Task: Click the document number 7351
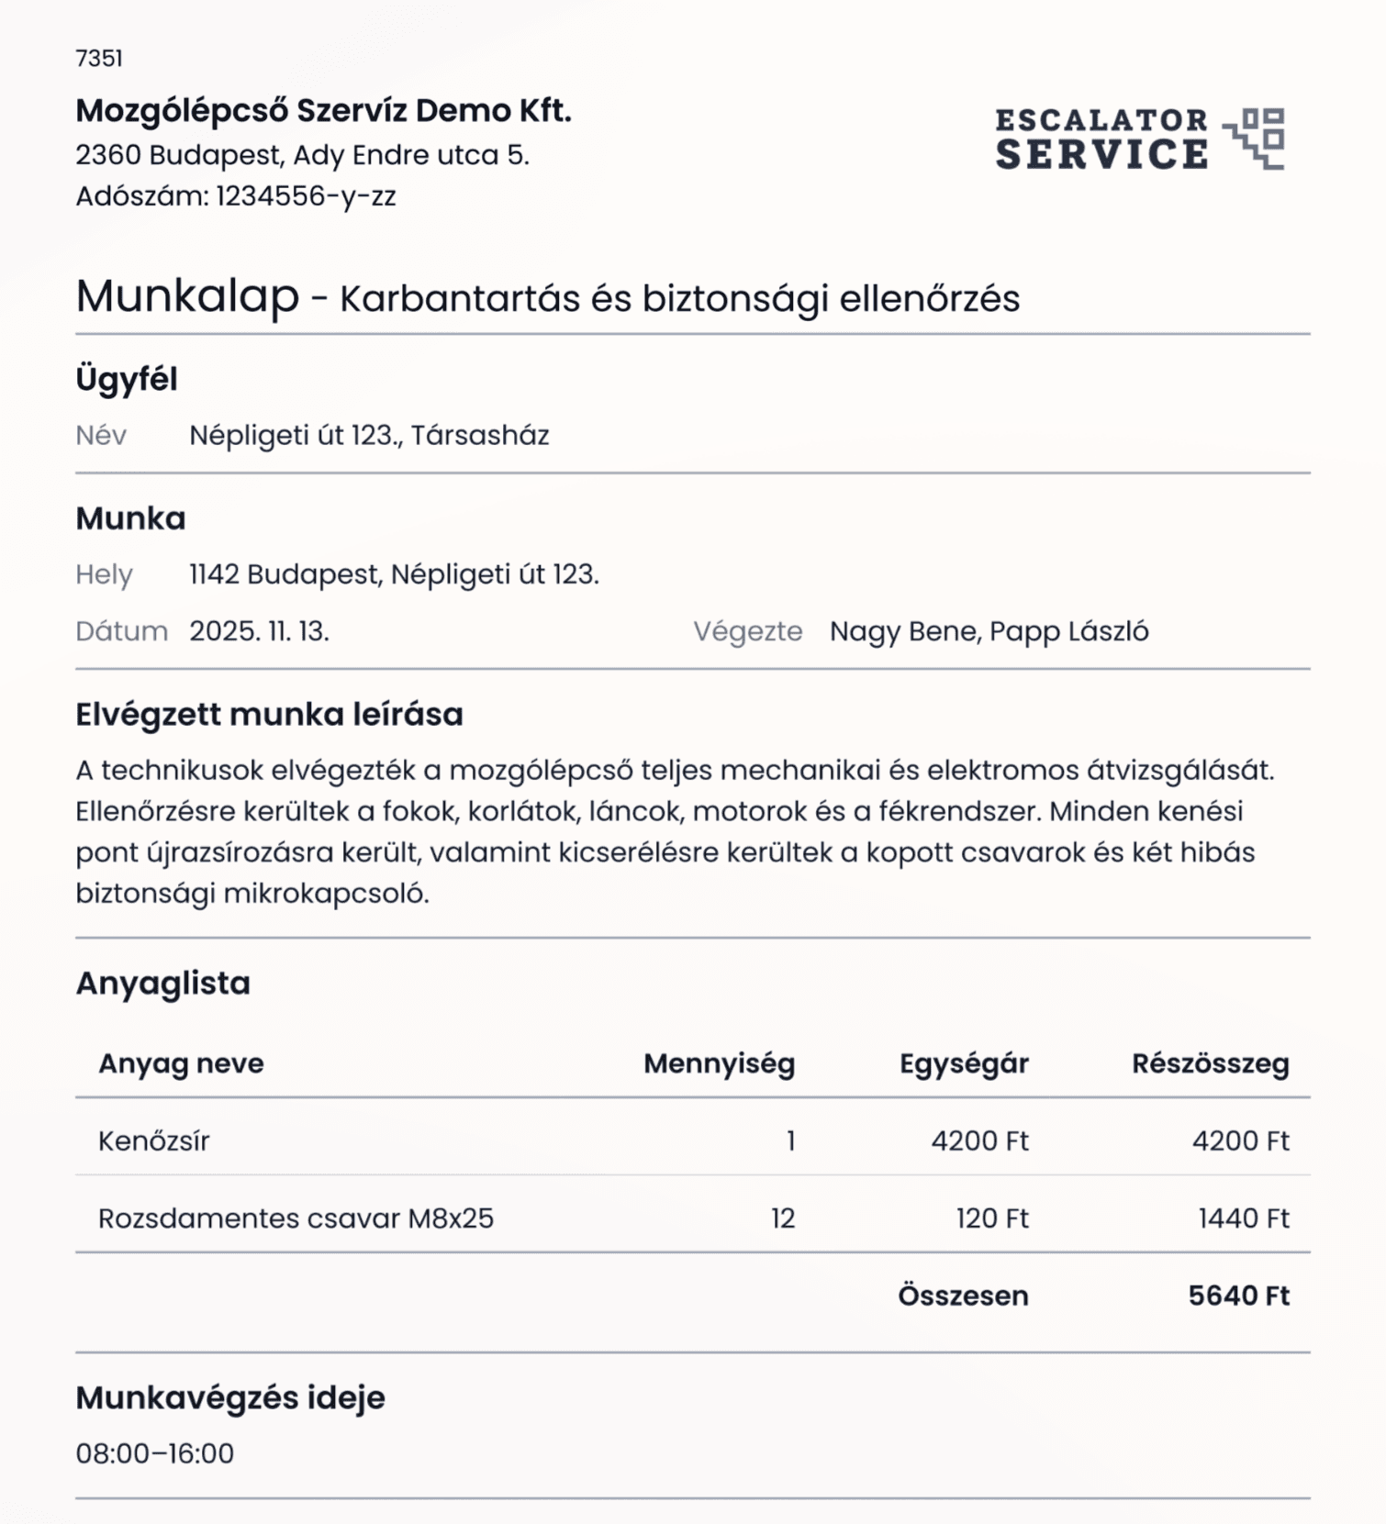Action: (99, 59)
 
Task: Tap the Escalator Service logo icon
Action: (1254, 139)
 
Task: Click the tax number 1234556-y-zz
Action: (306, 196)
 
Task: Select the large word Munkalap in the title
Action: (187, 296)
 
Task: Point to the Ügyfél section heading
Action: (127, 379)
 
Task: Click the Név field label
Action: (101, 435)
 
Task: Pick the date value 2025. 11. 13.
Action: (259, 631)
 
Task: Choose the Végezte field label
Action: (747, 631)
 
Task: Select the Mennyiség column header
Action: (719, 1063)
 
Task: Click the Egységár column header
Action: (963, 1063)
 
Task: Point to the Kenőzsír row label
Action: (154, 1140)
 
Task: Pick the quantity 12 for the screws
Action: (782, 1218)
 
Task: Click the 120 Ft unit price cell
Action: (991, 1218)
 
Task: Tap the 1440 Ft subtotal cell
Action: (1243, 1218)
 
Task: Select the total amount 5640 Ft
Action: (1238, 1296)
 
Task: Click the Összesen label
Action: (963, 1296)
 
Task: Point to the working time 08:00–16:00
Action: (155, 1453)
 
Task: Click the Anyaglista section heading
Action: (163, 983)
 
